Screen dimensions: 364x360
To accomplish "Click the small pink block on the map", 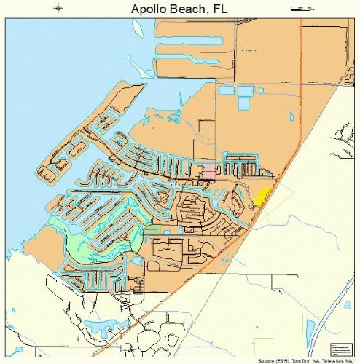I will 208,172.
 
